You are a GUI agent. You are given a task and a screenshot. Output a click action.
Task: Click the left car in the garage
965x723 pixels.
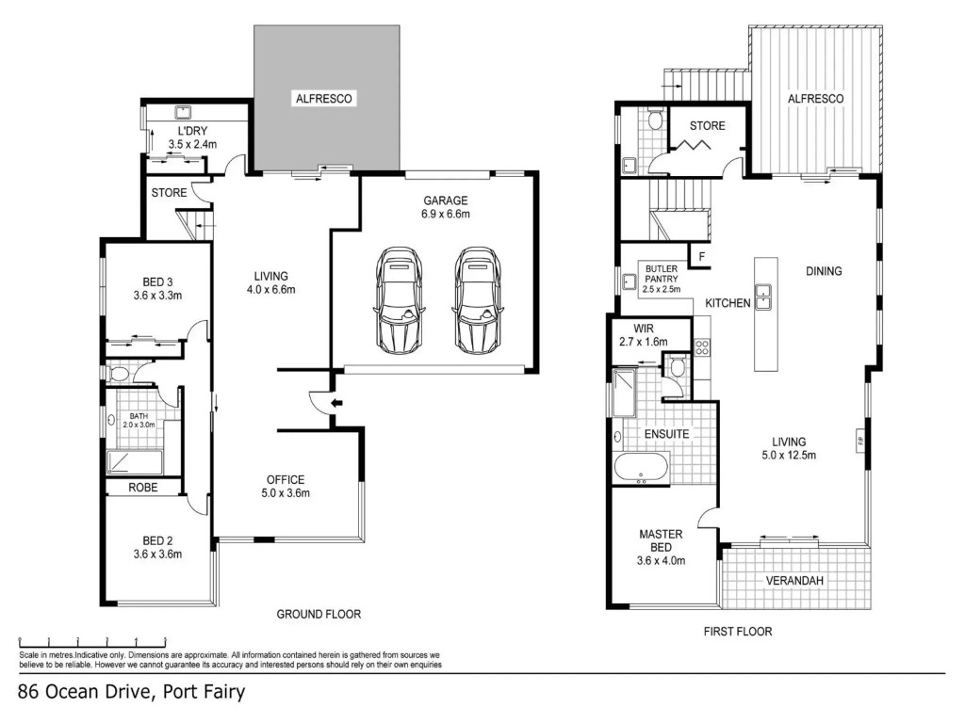point(399,300)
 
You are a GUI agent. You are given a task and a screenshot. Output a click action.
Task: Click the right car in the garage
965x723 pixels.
point(478,300)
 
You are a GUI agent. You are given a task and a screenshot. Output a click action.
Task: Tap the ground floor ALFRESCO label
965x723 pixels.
point(324,98)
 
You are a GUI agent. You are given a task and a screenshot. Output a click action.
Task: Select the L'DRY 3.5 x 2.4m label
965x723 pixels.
point(192,137)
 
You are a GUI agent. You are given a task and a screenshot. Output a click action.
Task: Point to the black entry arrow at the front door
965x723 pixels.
point(336,403)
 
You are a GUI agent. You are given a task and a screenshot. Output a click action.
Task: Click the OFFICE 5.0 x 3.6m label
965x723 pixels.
point(286,487)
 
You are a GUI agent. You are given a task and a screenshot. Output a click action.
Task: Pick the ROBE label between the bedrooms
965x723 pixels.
point(143,488)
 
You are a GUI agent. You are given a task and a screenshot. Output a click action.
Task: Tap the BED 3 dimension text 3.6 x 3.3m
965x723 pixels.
point(157,296)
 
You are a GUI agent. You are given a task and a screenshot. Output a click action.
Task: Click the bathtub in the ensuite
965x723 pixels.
point(641,467)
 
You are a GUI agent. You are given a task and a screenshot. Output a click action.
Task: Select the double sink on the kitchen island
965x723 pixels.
point(763,297)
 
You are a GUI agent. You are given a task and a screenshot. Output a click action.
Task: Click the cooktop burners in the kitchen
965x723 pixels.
point(701,347)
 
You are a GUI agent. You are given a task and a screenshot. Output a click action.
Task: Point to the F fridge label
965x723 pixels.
point(701,257)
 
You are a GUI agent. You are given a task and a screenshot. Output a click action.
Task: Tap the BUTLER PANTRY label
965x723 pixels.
point(662,274)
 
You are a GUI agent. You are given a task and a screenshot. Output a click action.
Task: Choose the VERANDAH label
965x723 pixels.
point(794,580)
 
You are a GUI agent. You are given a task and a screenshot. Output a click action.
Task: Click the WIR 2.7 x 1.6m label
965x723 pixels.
point(644,335)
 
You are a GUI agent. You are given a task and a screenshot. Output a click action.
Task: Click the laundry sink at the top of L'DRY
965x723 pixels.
point(184,113)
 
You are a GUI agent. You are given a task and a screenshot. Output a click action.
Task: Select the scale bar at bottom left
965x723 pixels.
point(92,639)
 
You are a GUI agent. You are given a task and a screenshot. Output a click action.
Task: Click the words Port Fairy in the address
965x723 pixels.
point(204,692)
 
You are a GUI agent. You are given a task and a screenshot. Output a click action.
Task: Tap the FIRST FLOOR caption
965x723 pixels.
point(738,632)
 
